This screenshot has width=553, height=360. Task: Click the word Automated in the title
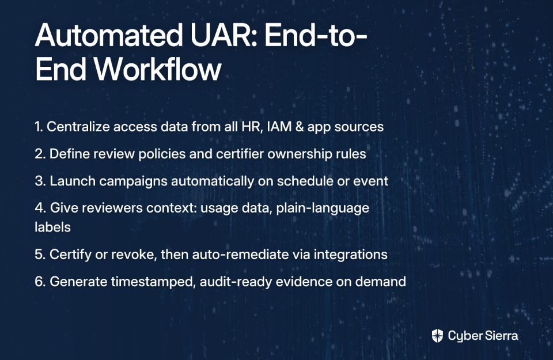point(109,35)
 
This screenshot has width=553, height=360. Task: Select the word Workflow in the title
point(157,69)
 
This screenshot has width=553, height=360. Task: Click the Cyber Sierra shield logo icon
point(437,336)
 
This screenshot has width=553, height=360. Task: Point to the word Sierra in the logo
point(500,335)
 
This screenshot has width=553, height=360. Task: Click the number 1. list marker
point(39,127)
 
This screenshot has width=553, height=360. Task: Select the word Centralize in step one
point(78,127)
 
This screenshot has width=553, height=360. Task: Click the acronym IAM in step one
point(279,127)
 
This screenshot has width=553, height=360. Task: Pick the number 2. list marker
point(40,154)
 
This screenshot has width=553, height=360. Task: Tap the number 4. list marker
point(40,208)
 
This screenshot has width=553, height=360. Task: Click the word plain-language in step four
point(323,208)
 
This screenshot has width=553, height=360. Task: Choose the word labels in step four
point(52,227)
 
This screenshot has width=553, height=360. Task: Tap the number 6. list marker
point(40,281)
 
